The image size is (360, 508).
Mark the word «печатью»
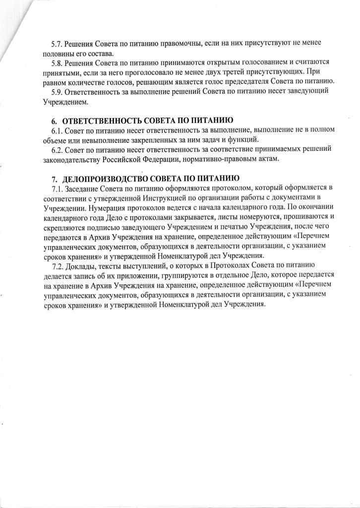coord(229,227)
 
